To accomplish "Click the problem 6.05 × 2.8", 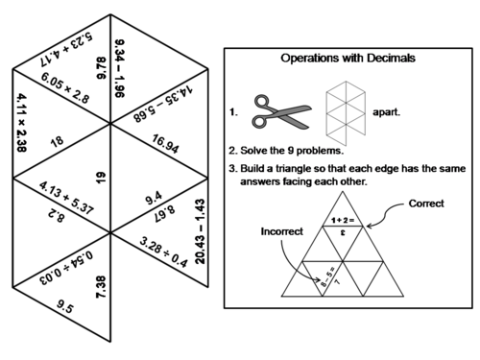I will pos(64,90).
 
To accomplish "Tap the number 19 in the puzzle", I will pos(100,177).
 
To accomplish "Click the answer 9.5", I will pos(65,309).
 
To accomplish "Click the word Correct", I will pos(426,204).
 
